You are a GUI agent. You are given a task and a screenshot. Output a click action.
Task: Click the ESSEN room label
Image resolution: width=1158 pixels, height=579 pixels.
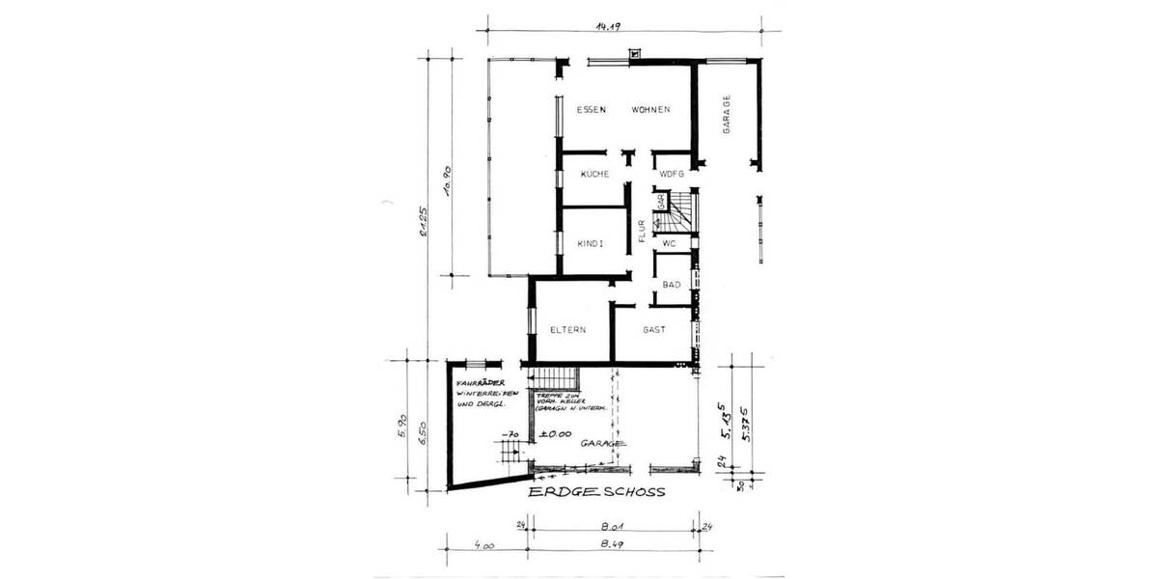coord(591,109)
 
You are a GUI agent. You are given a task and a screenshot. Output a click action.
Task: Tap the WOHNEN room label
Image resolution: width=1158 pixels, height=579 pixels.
coord(651,109)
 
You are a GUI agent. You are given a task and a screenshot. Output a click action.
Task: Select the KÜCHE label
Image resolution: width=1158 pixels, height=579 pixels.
coord(593,174)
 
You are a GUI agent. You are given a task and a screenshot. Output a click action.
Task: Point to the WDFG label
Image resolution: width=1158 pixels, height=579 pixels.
coord(672,174)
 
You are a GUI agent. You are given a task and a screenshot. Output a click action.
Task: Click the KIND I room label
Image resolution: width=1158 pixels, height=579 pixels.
coord(590,244)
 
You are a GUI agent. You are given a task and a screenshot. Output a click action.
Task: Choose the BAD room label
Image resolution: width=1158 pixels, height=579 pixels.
coord(672,285)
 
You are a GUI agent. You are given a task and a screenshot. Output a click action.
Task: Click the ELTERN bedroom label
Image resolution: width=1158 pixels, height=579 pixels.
coord(569,330)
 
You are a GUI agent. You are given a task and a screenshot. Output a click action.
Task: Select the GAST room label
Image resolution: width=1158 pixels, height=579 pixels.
coord(654,330)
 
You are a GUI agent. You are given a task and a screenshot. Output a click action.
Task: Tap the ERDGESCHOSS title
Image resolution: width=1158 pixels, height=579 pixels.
coord(596,492)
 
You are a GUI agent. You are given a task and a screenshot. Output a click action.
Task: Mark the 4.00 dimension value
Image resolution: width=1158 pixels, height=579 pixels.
coord(484,546)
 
